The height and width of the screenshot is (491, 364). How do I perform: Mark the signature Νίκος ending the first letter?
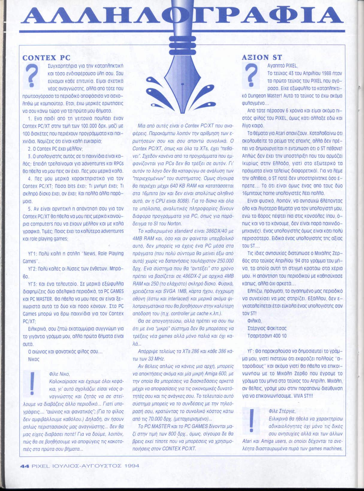click(34, 359)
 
